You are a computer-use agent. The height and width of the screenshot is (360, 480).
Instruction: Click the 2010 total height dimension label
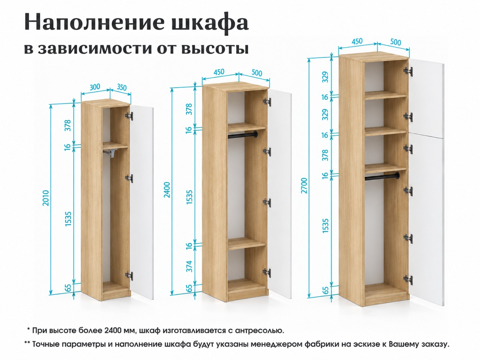(46, 198)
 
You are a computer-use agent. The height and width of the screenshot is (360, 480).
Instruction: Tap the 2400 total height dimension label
(167, 190)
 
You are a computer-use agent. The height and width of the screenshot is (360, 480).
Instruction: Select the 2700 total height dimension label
(304, 186)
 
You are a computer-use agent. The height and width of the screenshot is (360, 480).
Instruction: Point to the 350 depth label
(121, 87)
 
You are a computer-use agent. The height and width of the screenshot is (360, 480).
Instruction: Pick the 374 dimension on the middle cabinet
(189, 266)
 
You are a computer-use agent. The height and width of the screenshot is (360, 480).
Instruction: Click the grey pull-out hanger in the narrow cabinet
(111, 153)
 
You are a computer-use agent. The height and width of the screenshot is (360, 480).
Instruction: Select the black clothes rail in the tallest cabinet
(382, 176)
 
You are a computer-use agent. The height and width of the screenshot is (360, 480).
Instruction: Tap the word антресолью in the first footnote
(259, 330)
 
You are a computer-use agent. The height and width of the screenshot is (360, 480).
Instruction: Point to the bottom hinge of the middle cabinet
(267, 273)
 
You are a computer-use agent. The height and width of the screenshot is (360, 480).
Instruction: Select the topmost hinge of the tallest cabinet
(408, 71)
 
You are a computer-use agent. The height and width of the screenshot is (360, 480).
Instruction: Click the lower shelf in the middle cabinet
(247, 243)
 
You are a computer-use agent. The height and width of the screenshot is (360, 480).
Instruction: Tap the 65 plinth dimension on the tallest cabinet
(325, 290)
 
